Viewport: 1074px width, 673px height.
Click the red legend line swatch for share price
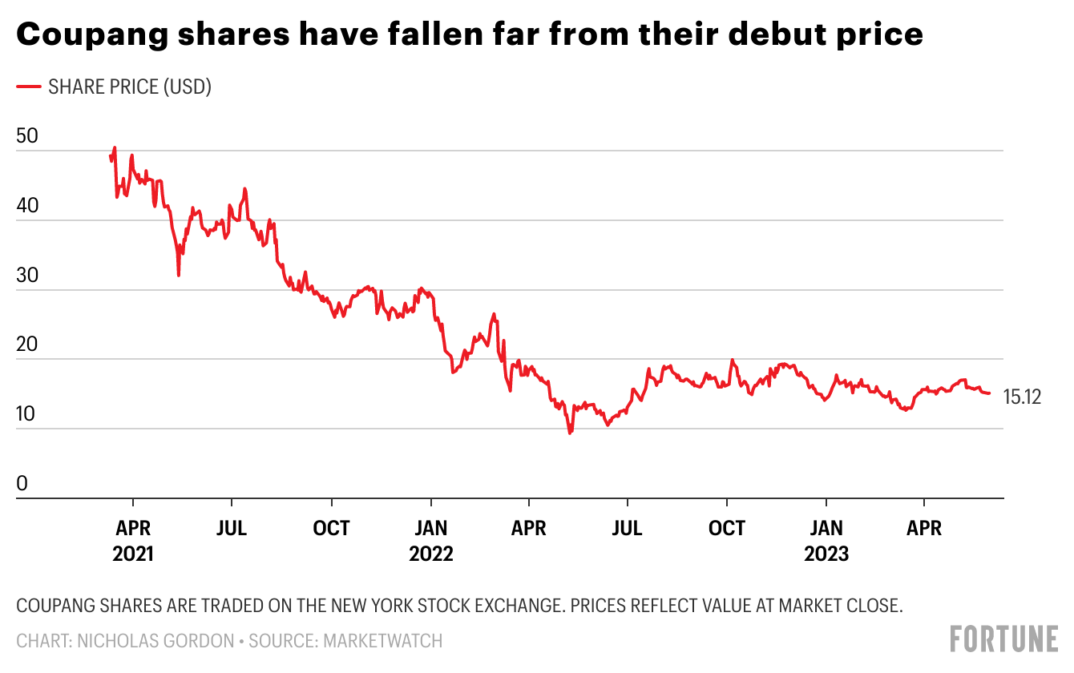coord(29,87)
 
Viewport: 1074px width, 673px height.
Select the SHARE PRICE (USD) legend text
coord(130,87)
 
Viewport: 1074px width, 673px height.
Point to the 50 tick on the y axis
coord(26,135)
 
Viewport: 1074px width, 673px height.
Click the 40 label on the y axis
coord(26,206)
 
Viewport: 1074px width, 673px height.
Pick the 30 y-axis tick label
coord(26,276)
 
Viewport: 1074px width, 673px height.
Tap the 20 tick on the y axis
coord(26,345)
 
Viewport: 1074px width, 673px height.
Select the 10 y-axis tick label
coord(26,414)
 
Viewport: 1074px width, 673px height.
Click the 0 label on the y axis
coord(22,484)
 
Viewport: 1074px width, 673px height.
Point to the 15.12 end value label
coord(1022,397)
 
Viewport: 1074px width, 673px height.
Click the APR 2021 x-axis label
coord(132,541)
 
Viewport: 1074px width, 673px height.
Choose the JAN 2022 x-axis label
coord(431,541)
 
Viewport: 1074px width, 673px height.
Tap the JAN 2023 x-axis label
coord(826,541)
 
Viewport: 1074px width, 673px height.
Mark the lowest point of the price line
coord(570,433)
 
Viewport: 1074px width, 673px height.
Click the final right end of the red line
coord(990,393)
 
